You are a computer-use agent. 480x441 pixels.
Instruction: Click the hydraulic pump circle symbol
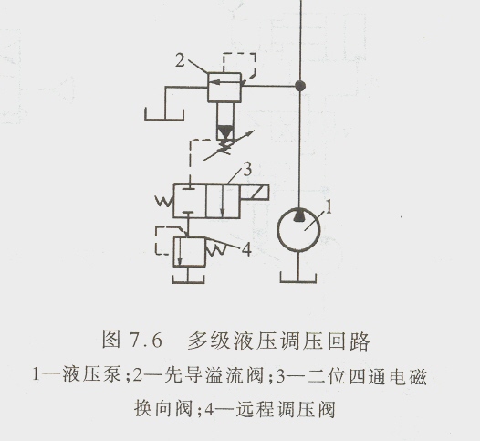coord(278,230)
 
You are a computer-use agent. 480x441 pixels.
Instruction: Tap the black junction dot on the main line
coord(300,86)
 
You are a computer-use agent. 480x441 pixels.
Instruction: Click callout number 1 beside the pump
coord(329,207)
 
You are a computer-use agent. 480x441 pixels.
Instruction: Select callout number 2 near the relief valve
coord(181,60)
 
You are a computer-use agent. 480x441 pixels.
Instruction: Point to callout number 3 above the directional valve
coord(247,170)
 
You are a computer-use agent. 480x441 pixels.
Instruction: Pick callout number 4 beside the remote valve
coord(246,250)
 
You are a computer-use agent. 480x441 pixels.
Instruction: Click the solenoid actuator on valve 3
coord(255,193)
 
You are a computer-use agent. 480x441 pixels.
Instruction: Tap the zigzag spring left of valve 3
coord(164,201)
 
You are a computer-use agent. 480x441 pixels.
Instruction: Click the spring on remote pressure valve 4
coord(216,247)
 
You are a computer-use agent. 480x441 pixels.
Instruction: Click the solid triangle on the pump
coord(299,215)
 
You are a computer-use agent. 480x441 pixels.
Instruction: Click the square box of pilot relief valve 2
coord(208,87)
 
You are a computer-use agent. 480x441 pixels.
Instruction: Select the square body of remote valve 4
coord(174,251)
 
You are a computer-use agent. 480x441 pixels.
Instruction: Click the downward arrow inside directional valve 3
coord(223,199)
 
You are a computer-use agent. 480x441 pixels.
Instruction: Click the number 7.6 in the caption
coord(146,340)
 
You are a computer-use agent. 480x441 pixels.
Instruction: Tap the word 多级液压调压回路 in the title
coord(278,341)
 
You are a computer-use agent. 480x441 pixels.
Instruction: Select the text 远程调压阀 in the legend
coord(286,408)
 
